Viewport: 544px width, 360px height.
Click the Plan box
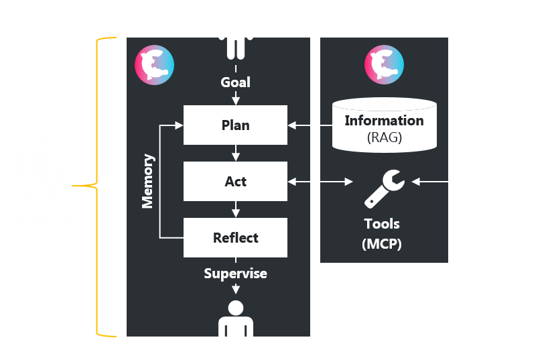click(x=235, y=125)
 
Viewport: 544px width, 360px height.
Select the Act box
click(x=235, y=181)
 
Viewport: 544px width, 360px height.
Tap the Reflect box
click(x=235, y=237)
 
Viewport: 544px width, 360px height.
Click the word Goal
click(x=235, y=82)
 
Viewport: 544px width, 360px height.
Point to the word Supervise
click(x=235, y=274)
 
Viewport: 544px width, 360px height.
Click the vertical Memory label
click(x=148, y=181)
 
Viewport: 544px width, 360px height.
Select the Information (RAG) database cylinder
click(x=385, y=125)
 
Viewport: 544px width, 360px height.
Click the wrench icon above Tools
click(x=384, y=188)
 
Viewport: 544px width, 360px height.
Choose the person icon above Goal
click(x=236, y=29)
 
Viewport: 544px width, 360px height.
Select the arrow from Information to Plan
click(x=310, y=125)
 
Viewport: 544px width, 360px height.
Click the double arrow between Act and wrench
click(x=321, y=181)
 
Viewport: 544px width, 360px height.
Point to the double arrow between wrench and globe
click(x=444, y=181)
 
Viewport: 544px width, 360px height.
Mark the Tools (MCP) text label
click(x=382, y=233)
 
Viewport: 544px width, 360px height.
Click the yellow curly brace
click(x=98, y=186)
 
